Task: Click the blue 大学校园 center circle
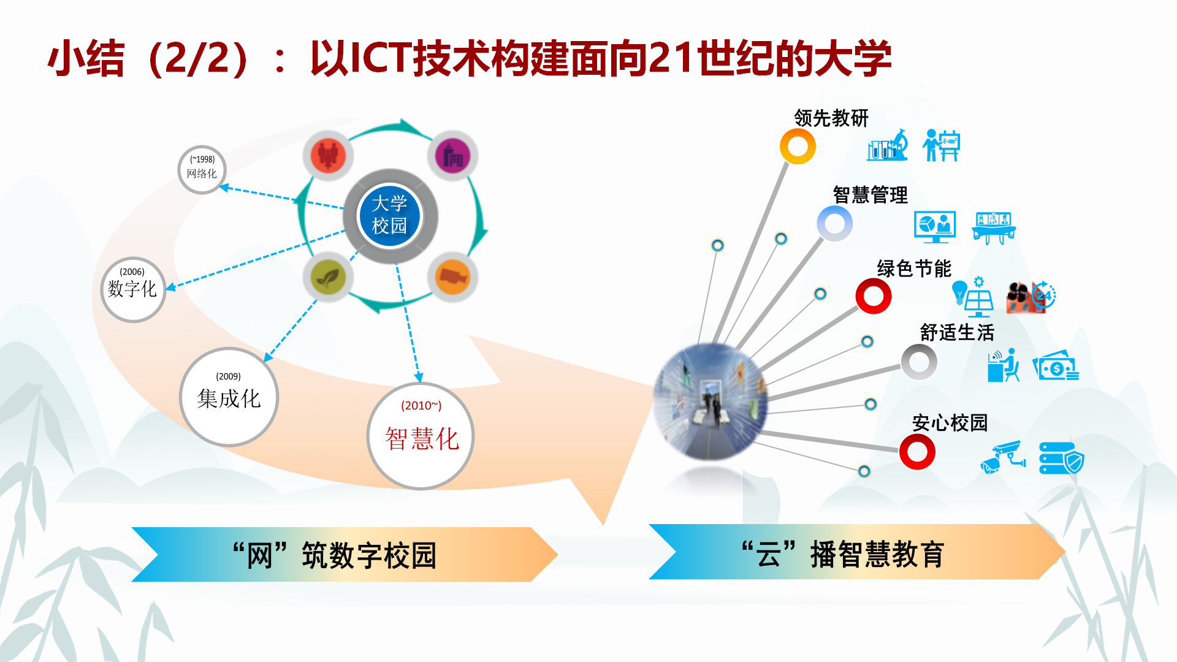pyautogui.click(x=389, y=216)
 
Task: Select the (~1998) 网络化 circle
pyautogui.click(x=202, y=170)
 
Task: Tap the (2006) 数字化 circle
pyautogui.click(x=133, y=289)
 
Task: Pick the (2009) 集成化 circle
pyautogui.click(x=229, y=397)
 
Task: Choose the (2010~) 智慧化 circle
pyautogui.click(x=421, y=436)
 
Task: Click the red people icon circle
pyautogui.click(x=329, y=156)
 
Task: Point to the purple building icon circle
pyautogui.click(x=452, y=156)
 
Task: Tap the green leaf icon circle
pyautogui.click(x=329, y=277)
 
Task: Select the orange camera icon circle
pyautogui.click(x=452, y=277)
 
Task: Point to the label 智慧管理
pyautogui.click(x=870, y=195)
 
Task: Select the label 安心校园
pyautogui.click(x=950, y=422)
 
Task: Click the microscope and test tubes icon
pyautogui.click(x=887, y=145)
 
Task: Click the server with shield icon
pyautogui.click(x=1062, y=458)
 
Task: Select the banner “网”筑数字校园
pyautogui.click(x=345, y=554)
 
